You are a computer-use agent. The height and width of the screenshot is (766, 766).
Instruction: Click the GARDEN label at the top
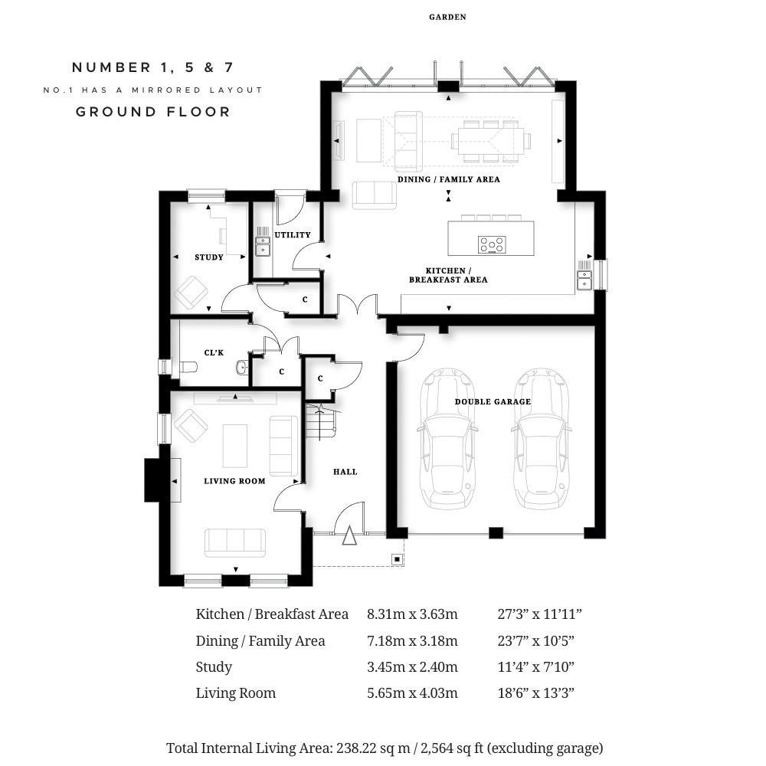(x=447, y=17)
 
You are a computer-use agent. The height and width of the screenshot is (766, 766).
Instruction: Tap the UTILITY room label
(x=293, y=235)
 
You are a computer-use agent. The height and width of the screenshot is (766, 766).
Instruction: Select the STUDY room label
(x=209, y=257)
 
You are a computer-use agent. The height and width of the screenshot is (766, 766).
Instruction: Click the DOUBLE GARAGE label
(x=493, y=401)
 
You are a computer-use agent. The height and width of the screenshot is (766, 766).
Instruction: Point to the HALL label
(x=345, y=472)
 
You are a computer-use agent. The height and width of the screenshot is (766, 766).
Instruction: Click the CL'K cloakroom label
(x=214, y=352)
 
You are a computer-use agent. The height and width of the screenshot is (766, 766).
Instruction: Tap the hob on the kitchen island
(x=492, y=245)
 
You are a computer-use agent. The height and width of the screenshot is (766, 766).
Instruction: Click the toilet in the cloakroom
(x=188, y=367)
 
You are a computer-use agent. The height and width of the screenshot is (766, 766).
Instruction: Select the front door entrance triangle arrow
(x=349, y=535)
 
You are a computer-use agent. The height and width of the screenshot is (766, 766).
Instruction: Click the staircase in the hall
(x=321, y=421)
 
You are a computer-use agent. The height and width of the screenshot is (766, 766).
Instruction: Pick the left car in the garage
(x=446, y=438)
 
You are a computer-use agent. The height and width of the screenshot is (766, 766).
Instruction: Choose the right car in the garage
(x=540, y=438)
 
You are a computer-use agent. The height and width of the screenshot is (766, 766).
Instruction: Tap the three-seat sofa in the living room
(x=235, y=543)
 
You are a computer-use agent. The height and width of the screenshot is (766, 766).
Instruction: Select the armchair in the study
(x=191, y=293)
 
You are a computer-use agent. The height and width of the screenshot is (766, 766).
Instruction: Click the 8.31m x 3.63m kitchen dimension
(x=412, y=614)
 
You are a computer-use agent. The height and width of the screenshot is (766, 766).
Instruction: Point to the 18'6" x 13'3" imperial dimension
(x=536, y=693)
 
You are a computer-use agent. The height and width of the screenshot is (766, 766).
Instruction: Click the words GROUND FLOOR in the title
(x=153, y=112)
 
